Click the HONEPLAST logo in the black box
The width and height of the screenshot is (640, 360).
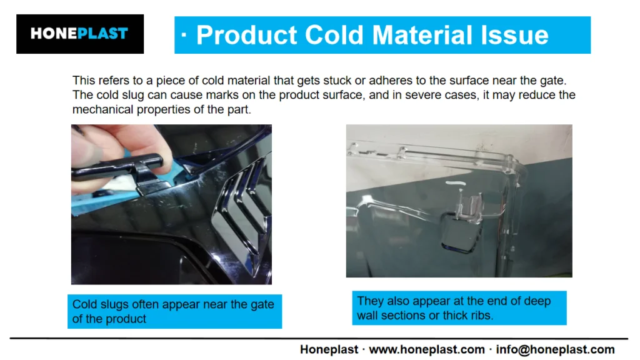click(x=79, y=34)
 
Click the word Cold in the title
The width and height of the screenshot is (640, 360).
click(x=334, y=35)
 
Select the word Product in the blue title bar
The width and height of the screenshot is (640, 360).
click(x=246, y=35)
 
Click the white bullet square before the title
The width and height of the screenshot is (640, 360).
click(x=184, y=35)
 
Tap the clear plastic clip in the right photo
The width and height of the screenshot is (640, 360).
click(x=469, y=207)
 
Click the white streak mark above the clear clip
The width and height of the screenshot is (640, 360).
click(x=456, y=183)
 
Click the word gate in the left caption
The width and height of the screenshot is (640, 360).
click(x=262, y=304)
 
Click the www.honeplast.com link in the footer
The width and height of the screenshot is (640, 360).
click(x=427, y=350)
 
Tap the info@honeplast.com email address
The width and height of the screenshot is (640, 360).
click(x=555, y=350)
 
